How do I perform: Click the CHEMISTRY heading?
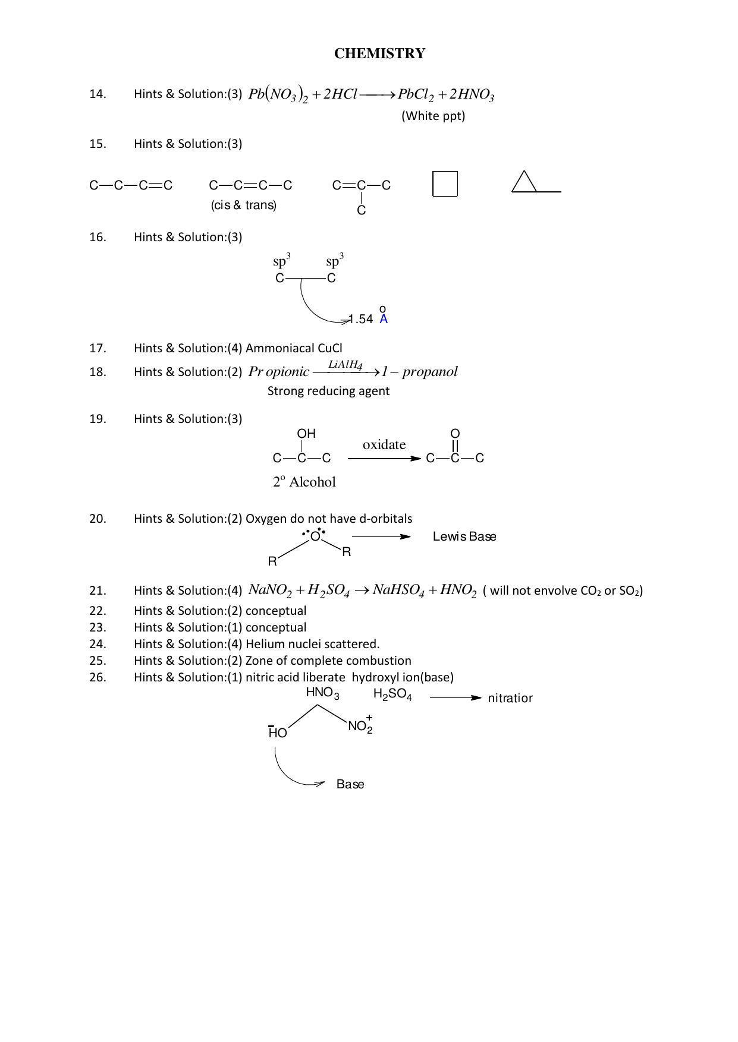coord(379,53)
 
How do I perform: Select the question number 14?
coord(98,94)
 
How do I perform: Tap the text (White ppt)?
coord(433,116)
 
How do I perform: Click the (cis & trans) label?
coord(244,205)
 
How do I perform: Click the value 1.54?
coord(360,319)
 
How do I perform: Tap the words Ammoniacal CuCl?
coord(294,348)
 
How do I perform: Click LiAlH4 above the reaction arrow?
coord(346,365)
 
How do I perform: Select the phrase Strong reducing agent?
coord(328,391)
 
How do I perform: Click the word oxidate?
coord(384,444)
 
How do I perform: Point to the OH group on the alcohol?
coord(306,434)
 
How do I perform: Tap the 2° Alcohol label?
coord(304,482)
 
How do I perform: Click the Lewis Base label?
coord(464,536)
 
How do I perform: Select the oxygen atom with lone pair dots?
coord(315,535)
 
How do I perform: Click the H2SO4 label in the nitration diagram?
coord(392,694)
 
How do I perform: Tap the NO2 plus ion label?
coord(360,726)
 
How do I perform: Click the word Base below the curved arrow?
coord(350,784)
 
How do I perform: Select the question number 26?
coord(98,677)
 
